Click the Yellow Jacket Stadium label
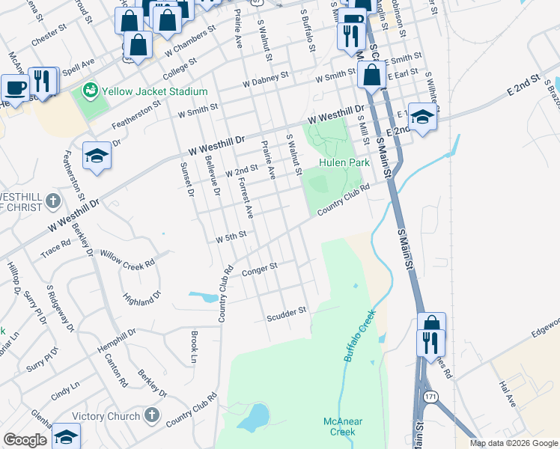(155, 91)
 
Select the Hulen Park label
(344, 162)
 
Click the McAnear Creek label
(342, 427)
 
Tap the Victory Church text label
(106, 416)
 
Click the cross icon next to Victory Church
(151, 415)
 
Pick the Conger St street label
(260, 267)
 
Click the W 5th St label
(231, 239)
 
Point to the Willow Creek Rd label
(127, 259)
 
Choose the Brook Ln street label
(194, 342)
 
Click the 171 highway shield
(429, 395)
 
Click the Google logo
(25, 440)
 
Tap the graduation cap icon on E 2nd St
(422, 117)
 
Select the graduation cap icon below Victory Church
(66, 436)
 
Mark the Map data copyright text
(514, 443)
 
